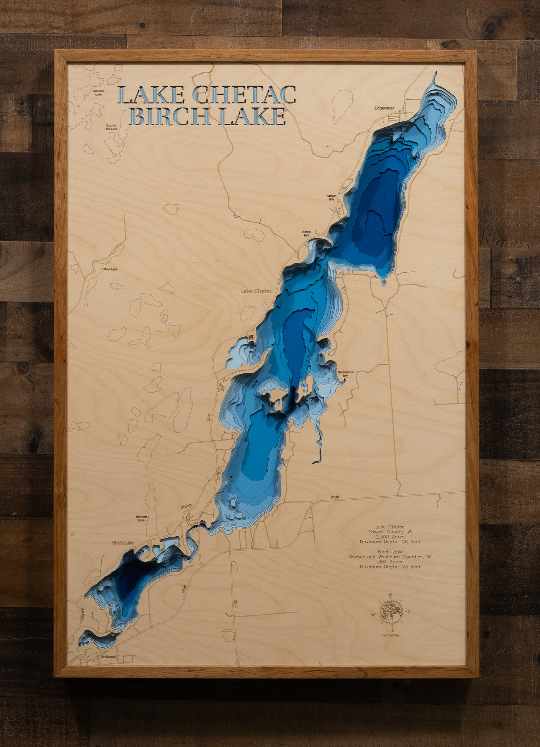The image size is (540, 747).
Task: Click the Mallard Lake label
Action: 99,92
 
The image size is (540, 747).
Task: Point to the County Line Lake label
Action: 111,127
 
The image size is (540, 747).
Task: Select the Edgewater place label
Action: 385,108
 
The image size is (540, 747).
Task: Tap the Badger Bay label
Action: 331,197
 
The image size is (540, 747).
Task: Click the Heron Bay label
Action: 306,234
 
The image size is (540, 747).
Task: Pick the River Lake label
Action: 110,269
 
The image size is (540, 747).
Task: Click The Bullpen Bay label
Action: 345,374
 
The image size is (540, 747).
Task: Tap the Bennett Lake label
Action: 141,518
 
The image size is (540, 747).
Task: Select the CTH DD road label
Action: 186,507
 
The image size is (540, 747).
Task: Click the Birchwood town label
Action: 108,657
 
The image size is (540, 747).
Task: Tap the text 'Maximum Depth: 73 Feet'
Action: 390,567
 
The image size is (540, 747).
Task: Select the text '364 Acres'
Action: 390,562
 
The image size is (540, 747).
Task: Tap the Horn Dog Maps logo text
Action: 391,635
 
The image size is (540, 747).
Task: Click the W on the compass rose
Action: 373,615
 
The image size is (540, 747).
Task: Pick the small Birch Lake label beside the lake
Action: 123,543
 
